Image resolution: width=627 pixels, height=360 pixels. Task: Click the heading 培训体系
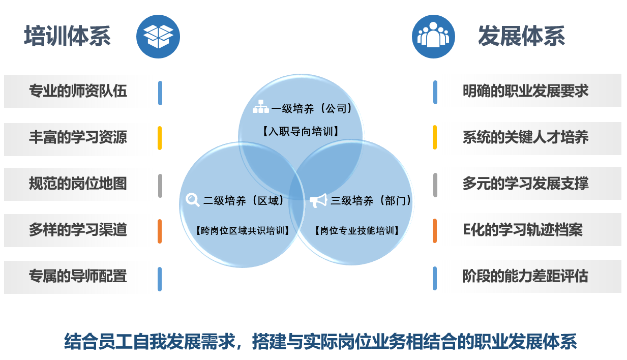68,36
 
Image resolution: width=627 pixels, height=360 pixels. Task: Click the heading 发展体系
521,36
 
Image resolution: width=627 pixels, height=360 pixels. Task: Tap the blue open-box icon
158,37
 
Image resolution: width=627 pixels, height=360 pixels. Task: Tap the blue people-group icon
433,37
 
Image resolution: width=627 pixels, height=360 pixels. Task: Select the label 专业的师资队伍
78,91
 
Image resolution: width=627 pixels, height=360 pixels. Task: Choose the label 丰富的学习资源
78,137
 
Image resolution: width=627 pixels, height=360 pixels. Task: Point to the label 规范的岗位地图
78,184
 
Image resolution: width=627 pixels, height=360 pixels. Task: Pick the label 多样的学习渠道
78,230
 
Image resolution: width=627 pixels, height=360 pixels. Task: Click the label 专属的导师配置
78,276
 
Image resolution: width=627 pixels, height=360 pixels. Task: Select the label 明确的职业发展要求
525,91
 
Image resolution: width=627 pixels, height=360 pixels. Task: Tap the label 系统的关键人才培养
525,137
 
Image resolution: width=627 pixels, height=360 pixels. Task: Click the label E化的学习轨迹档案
523,230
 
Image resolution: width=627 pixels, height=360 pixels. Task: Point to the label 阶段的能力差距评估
525,276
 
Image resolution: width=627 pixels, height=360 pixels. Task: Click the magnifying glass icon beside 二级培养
193,200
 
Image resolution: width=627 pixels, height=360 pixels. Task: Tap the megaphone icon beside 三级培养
318,200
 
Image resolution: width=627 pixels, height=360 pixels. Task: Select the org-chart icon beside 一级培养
260,107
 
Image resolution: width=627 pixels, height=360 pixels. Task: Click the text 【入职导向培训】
301,131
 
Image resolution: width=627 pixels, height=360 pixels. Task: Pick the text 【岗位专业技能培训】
356,231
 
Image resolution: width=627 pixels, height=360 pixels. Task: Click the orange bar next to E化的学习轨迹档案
435,231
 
